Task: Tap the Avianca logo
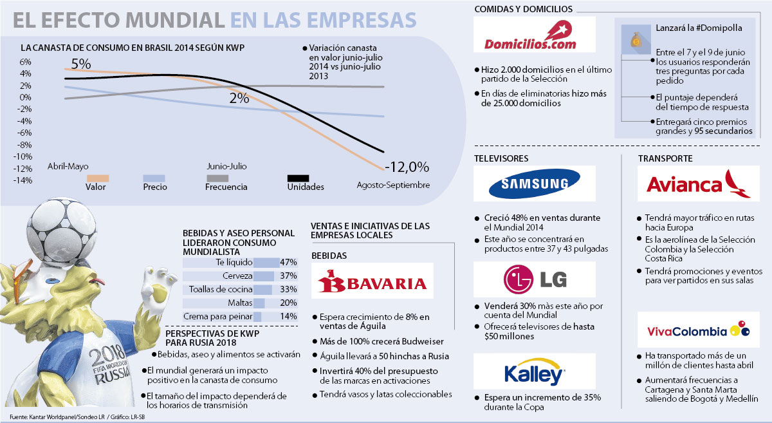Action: click(697, 185)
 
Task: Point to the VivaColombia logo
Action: click(698, 331)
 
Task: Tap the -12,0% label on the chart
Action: click(407, 167)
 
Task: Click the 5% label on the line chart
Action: click(81, 64)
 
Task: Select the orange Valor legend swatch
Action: click(96, 178)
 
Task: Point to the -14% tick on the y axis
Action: click(24, 180)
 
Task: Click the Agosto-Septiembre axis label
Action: click(393, 185)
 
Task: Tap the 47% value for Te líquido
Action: click(288, 263)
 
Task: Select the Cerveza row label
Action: click(236, 276)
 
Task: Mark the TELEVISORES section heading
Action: click(501, 158)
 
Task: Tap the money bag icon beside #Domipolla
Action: click(634, 39)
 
